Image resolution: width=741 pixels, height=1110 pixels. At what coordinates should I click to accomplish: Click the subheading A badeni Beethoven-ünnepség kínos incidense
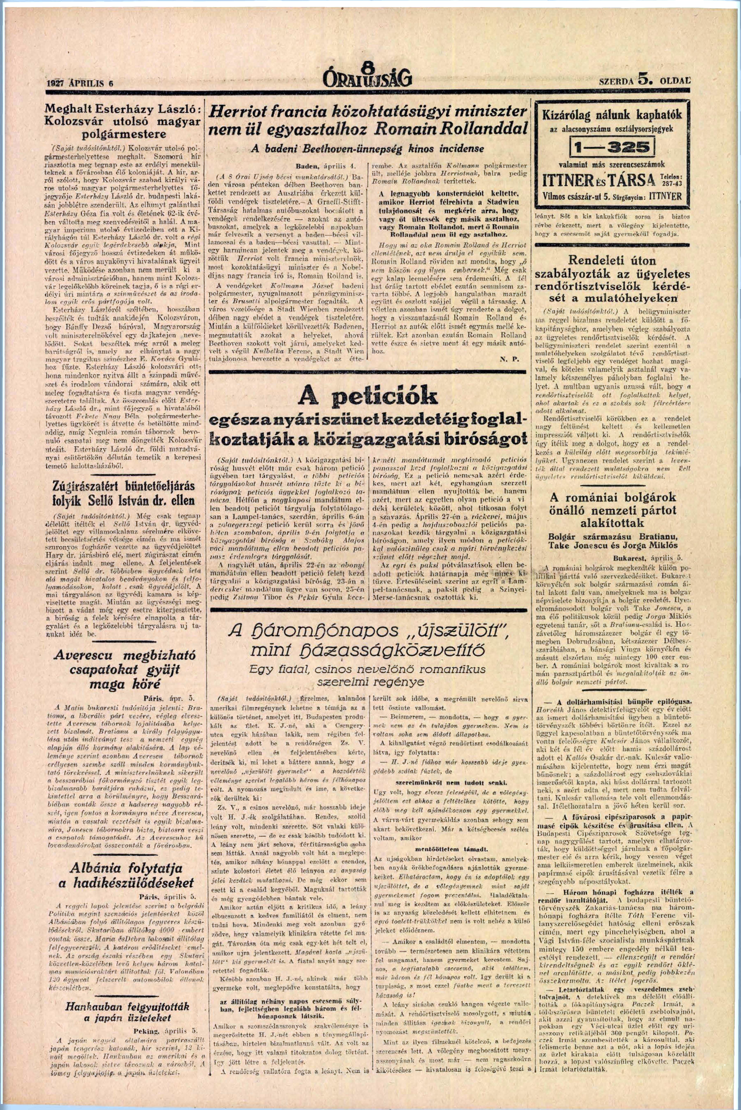(367, 148)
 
